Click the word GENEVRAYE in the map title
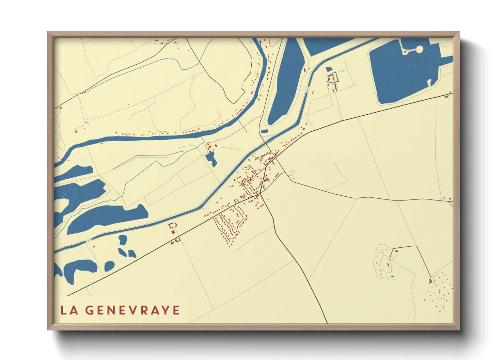(x=132, y=310)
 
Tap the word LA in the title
(x=69, y=310)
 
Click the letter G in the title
(x=89, y=310)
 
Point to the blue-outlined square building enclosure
(x=333, y=78)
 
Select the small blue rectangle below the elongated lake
(x=264, y=131)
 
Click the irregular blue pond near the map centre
(x=211, y=159)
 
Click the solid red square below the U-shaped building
(x=173, y=232)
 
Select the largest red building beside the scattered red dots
(x=430, y=281)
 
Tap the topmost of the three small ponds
(x=123, y=239)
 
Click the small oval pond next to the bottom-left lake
(x=109, y=266)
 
